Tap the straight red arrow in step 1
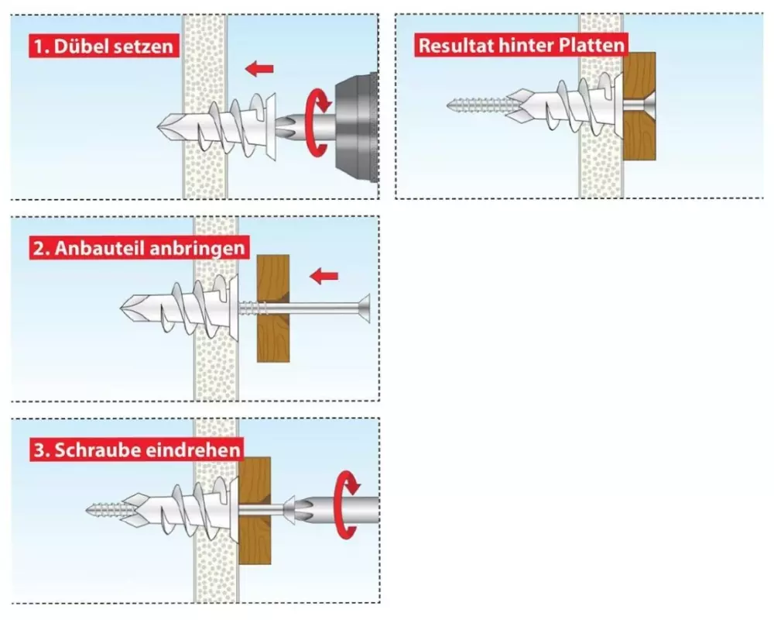[259, 70]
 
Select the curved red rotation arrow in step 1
[317, 123]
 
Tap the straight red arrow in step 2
[324, 275]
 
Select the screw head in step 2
[361, 308]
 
